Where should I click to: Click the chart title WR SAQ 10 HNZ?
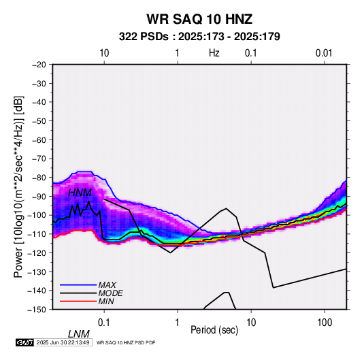tap(199, 19)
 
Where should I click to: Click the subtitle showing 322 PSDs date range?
tap(199, 37)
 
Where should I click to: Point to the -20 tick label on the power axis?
tap(39, 65)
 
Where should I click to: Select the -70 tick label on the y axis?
tap(39, 159)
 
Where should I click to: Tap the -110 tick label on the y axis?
tap(37, 234)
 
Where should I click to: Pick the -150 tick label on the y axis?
tap(37, 310)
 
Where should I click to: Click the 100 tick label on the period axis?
tap(325, 323)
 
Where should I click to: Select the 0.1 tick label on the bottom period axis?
tap(104, 323)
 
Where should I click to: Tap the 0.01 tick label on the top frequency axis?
tap(324, 53)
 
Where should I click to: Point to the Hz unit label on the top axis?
tap(214, 53)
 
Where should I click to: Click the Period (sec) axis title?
tap(214, 330)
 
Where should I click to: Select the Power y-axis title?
tap(18, 186)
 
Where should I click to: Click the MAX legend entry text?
tap(107, 285)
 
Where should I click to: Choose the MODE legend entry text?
tap(110, 293)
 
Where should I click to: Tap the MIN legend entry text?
tap(106, 301)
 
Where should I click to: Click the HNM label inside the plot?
tap(80, 193)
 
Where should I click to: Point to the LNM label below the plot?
tap(78, 334)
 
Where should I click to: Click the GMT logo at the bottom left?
tap(24, 342)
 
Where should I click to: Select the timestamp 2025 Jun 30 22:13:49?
tap(63, 342)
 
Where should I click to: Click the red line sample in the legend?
tap(78, 301)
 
